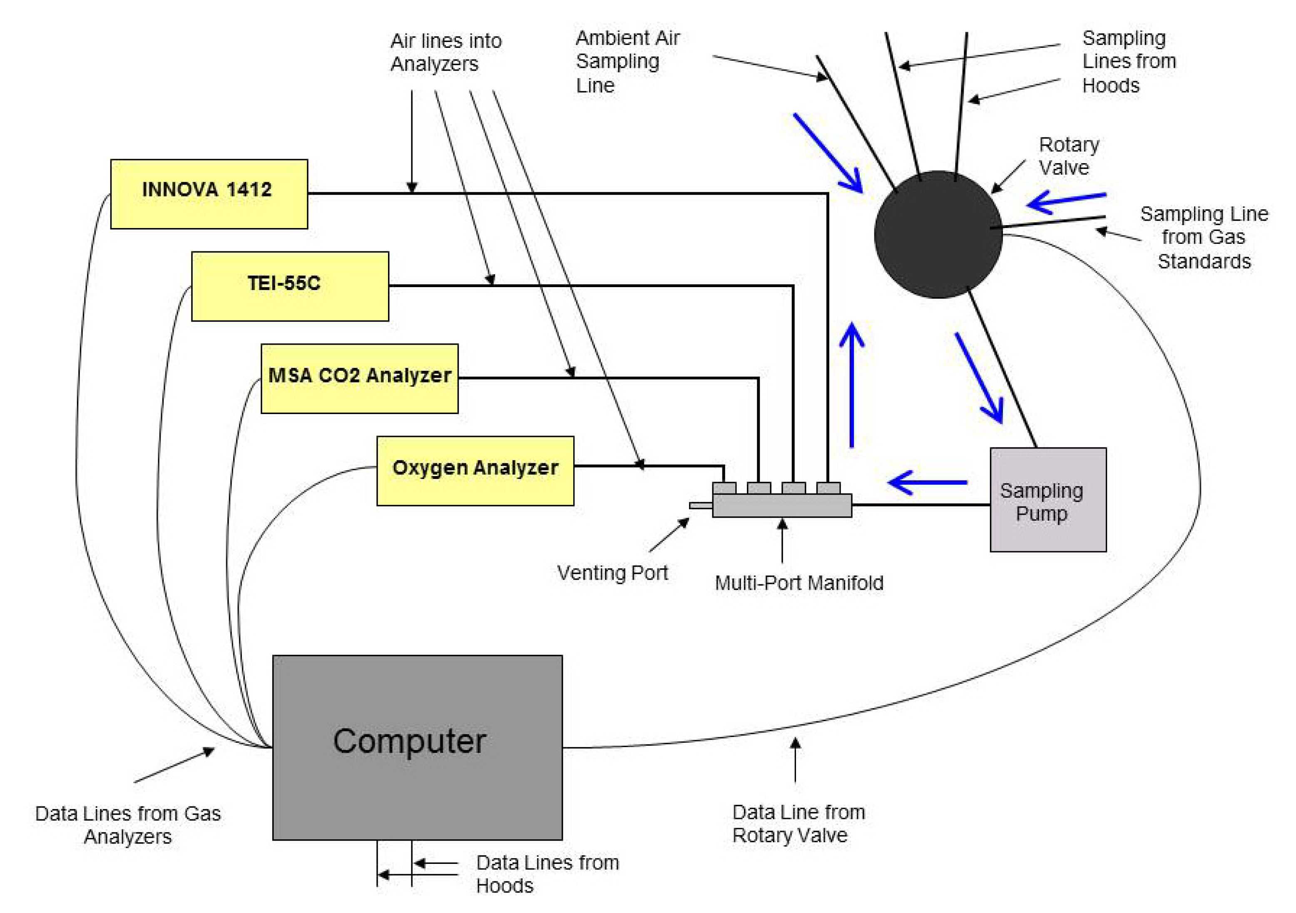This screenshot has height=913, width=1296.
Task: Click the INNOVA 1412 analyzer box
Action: pyautogui.click(x=209, y=194)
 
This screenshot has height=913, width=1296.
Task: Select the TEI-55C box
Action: pyautogui.click(x=290, y=287)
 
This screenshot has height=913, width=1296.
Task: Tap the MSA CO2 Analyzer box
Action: pyautogui.click(x=360, y=379)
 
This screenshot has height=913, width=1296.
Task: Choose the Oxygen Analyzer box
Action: pyautogui.click(x=475, y=471)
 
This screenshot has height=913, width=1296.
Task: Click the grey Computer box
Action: pyautogui.click(x=417, y=748)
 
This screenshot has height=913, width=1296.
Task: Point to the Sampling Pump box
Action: pyautogui.click(x=1048, y=500)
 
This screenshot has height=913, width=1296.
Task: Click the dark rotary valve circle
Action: pyautogui.click(x=938, y=234)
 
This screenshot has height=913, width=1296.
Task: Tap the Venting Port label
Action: pyautogui.click(x=612, y=573)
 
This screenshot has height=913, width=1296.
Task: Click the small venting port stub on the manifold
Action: pyautogui.click(x=701, y=506)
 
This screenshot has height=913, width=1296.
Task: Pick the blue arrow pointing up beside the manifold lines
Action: pyautogui.click(x=852, y=385)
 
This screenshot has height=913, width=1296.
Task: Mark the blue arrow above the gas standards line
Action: pyautogui.click(x=1066, y=201)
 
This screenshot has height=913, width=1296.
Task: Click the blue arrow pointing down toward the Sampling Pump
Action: pyautogui.click(x=979, y=378)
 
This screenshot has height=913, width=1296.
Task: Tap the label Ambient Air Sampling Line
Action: pyautogui.click(x=628, y=62)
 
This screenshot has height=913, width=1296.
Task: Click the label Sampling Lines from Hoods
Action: pyautogui.click(x=1129, y=62)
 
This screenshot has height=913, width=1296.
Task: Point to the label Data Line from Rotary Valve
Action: pyautogui.click(x=799, y=824)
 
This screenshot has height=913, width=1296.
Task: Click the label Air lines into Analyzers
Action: pyautogui.click(x=446, y=52)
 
